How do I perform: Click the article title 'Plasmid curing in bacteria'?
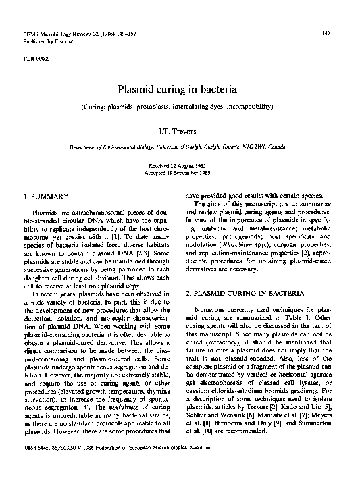click(180, 88)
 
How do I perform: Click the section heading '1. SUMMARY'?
click(46, 196)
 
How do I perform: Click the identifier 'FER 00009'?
click(37, 58)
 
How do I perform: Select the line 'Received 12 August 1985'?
click(180, 165)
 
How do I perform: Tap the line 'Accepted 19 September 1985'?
click(180, 172)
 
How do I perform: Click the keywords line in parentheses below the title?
click(180, 107)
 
